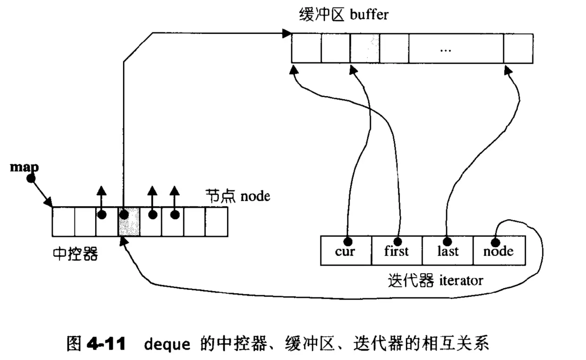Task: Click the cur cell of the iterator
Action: (346, 251)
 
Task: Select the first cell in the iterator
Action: (397, 251)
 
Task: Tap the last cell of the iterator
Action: (448, 251)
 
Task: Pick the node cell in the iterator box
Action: (499, 251)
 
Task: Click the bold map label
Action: (24, 167)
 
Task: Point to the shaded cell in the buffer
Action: (365, 48)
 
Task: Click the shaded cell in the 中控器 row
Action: (129, 222)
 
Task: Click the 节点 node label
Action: (238, 196)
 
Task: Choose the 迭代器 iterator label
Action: (435, 280)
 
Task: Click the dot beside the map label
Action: (31, 178)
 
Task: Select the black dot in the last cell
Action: (447, 241)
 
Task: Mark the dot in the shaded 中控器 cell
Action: (124, 215)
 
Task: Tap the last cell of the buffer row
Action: (518, 48)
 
